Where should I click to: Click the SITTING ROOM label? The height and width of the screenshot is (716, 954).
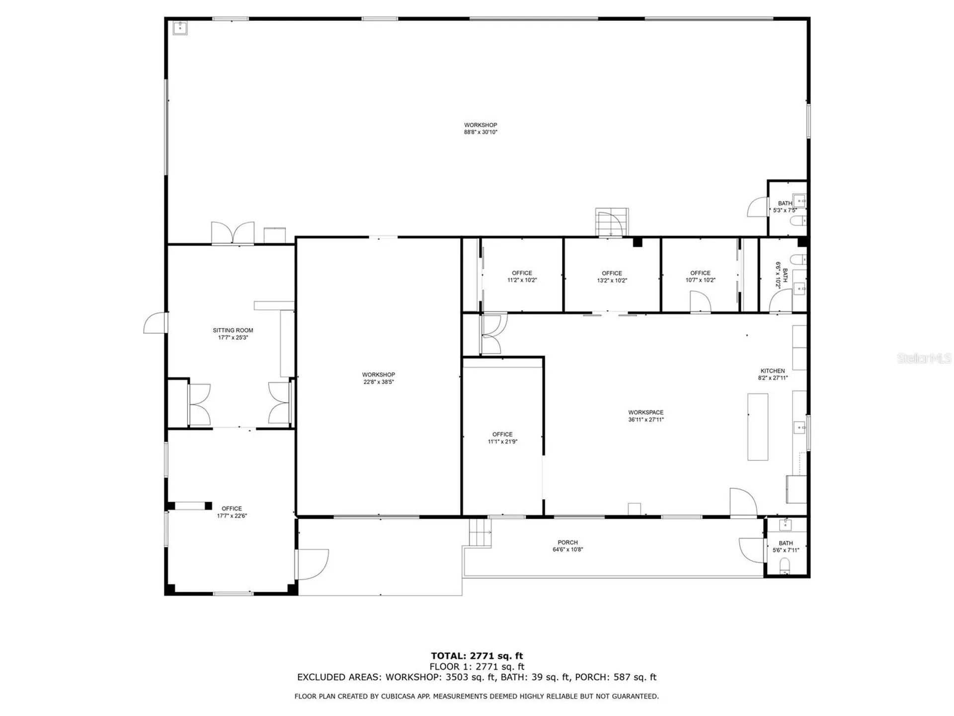tap(233, 330)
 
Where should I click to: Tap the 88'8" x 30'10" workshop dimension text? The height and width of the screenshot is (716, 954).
tap(480, 132)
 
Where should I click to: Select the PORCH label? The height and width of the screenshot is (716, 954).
tap(567, 542)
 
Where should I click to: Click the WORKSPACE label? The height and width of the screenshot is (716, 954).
tap(645, 412)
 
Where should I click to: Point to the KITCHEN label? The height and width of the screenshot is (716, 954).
tap(773, 371)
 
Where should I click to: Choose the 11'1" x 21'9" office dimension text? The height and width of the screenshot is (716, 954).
tap(502, 442)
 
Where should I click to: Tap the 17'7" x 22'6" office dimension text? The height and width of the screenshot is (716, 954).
tap(232, 516)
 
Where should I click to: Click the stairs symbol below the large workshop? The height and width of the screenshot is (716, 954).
tap(611, 222)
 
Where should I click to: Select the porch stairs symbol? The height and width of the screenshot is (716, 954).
tap(480, 533)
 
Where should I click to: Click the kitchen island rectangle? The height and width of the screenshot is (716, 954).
tap(758, 427)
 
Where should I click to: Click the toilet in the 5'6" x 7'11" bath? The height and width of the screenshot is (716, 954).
tap(785, 565)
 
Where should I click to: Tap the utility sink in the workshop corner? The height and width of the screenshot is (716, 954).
tap(180, 28)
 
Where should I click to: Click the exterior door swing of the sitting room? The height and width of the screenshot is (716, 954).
tap(155, 323)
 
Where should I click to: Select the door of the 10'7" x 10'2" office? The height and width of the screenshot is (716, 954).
tap(700, 302)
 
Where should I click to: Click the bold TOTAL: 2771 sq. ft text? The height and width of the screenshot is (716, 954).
tap(477, 656)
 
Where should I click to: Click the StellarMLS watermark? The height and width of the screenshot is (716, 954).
tap(924, 358)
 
